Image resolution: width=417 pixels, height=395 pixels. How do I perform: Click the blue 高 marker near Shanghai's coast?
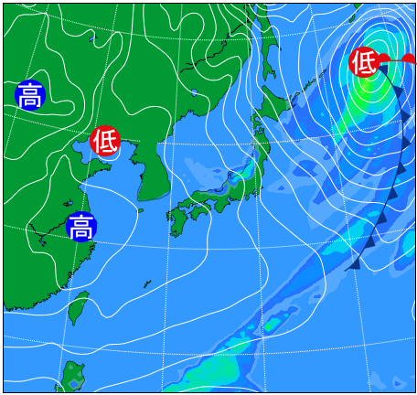coord(80,226)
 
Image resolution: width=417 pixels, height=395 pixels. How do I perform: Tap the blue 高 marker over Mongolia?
coord(29,94)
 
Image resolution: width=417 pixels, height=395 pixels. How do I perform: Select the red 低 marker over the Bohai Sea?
coord(105,141)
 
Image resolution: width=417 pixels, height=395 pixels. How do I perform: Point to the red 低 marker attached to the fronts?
coord(364,62)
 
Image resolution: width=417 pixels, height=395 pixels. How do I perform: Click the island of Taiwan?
coord(80,306)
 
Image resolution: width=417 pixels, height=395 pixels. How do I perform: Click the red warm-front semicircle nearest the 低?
coord(385,58)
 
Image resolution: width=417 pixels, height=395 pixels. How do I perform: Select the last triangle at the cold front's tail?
coord(353,263)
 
